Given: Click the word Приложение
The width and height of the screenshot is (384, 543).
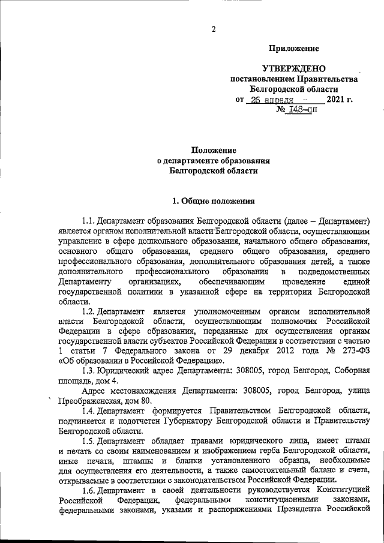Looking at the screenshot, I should pos(293,48).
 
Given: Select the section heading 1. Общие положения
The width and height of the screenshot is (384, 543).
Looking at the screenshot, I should pos(214,201).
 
